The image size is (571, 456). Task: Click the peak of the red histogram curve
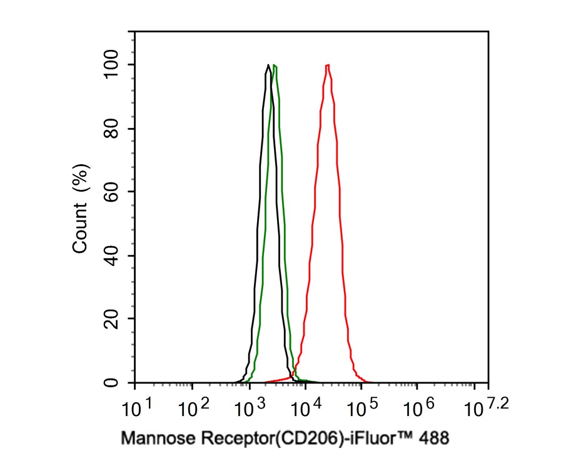327,65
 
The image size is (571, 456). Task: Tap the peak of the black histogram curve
268,65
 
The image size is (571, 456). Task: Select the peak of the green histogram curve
275,66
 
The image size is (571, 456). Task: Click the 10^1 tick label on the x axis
138,409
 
